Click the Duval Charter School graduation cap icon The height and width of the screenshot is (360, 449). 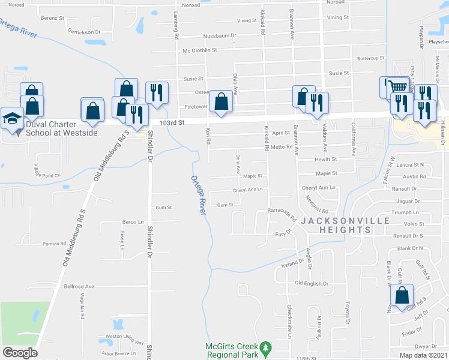tap(12, 118)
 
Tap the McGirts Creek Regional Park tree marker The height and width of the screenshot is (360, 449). tap(265, 347)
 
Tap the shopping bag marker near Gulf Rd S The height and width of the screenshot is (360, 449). tap(402, 295)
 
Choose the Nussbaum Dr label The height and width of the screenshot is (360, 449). tap(220, 36)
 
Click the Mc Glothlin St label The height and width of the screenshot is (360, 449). tap(199, 50)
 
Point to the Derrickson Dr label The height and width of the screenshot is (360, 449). tap(83, 31)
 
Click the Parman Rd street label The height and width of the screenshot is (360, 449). tap(54, 244)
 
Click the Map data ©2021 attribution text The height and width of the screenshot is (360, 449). tap(423, 355)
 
